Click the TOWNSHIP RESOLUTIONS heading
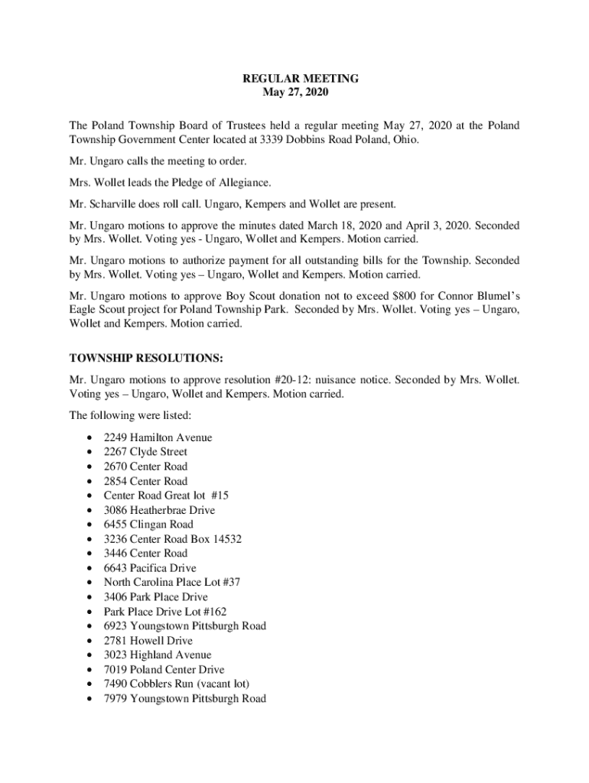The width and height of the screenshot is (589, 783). pos(146,357)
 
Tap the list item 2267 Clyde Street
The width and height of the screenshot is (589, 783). pos(145,452)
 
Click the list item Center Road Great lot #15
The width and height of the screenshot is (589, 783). pos(166,495)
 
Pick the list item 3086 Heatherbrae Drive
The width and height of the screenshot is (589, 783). pos(159,510)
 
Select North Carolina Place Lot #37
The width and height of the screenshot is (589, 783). pos(172,583)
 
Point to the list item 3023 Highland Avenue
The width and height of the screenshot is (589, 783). pos(158,655)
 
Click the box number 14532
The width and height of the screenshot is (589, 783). pos(225,539)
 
